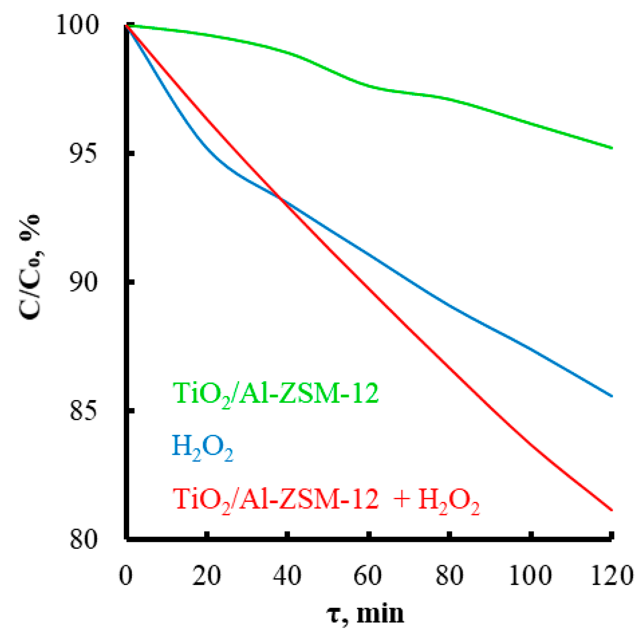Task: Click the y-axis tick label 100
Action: point(77,25)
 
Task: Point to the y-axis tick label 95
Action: point(83,154)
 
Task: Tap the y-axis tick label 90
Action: point(83,283)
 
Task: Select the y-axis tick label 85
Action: point(83,411)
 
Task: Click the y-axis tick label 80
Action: point(83,539)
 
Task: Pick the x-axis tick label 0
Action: point(126,576)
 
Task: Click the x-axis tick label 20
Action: point(207,576)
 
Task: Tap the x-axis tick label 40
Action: point(287,576)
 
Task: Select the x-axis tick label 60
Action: point(368,576)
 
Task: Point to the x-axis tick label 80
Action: point(449,576)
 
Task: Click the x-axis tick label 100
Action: point(530,576)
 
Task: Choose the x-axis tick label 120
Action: point(611,576)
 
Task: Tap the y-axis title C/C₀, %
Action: point(30,267)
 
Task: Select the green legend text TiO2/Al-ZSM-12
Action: point(275,394)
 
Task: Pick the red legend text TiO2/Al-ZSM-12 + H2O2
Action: point(326,500)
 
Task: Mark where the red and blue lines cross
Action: point(281,199)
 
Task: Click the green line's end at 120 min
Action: point(611,148)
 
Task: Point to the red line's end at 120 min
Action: point(611,510)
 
